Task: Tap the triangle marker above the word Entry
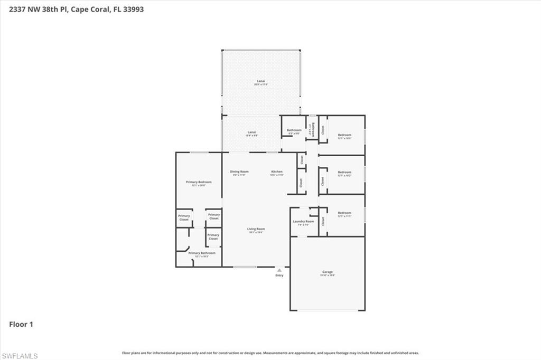click(279, 270)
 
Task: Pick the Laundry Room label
click(303, 222)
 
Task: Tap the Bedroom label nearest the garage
click(344, 214)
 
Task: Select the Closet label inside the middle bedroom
click(322, 181)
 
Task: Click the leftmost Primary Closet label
click(184, 217)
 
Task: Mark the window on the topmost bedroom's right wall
click(365, 135)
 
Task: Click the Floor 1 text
click(21, 324)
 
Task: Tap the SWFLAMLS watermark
click(20, 356)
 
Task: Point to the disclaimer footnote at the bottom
click(270, 353)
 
